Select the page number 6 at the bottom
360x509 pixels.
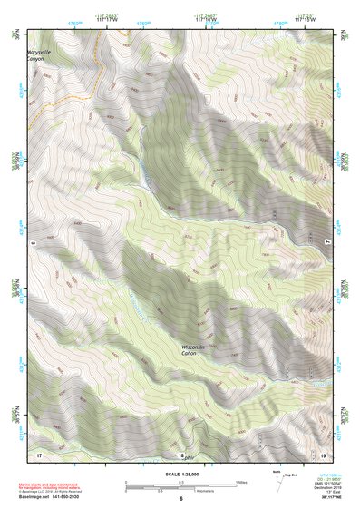point(180,498)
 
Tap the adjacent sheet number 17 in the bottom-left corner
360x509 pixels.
point(39,452)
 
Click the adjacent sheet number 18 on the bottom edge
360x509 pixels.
point(180,455)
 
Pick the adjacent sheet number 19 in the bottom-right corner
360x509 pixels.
point(323,452)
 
